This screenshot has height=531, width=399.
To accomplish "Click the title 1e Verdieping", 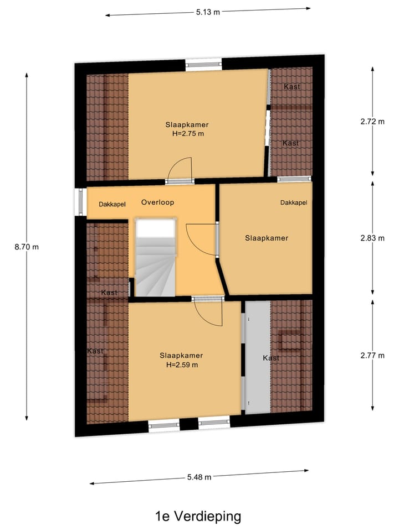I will point(198,517).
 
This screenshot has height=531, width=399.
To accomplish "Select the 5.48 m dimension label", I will point(199,477).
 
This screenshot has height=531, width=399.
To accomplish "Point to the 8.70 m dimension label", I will point(27,247).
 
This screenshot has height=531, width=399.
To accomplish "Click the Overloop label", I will point(157,202).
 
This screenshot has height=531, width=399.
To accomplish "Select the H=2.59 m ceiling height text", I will point(181,365).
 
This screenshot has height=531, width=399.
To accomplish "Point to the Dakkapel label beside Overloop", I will point(112,205).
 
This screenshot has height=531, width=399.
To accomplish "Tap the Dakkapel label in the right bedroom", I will point(293,203).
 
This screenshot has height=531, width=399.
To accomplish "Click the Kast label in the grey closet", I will point(271,358).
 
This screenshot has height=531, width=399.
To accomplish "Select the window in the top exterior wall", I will point(203,64).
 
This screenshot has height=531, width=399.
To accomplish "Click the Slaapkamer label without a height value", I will point(267,238).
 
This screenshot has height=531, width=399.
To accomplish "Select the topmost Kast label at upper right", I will point(291,87).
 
